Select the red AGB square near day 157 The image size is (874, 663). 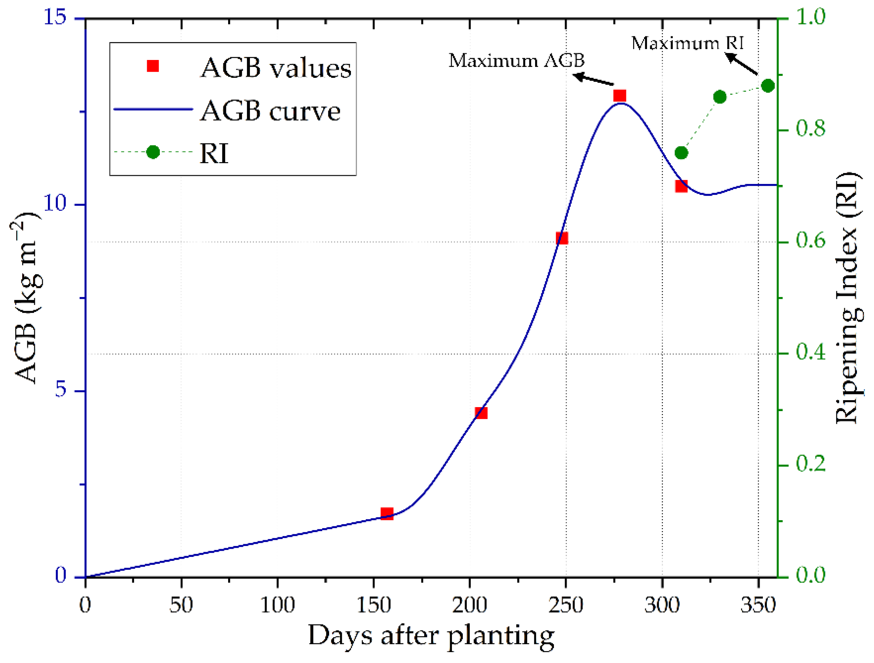tap(387, 514)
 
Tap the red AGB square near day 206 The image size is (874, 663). tap(481, 413)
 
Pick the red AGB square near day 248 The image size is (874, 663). tap(562, 238)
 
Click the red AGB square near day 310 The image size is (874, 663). tap(681, 186)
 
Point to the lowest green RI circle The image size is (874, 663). tap(681, 153)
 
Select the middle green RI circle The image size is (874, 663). tap(720, 97)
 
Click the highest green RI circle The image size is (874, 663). tap(768, 86)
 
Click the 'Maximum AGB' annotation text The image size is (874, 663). tap(517, 60)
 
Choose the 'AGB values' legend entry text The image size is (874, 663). tap(276, 68)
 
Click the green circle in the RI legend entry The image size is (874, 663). tap(153, 152)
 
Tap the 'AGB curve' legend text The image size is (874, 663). tap(270, 111)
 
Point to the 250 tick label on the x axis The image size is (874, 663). tap(566, 605)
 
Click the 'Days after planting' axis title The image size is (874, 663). tap(431, 635)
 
